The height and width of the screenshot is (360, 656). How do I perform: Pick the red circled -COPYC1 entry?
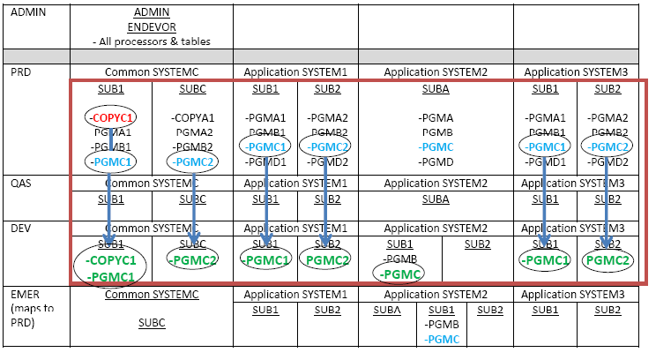point(112,117)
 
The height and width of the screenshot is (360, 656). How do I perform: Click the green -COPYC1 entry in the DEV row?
point(111,261)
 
